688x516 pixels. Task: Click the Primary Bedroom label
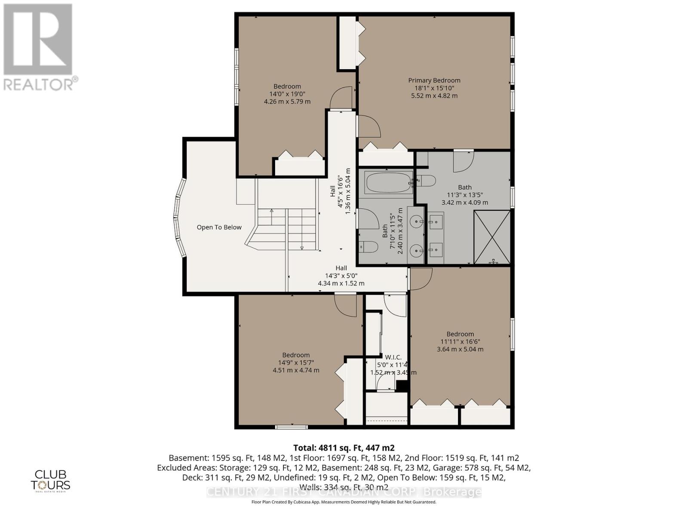434,80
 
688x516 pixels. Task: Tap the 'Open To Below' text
219,227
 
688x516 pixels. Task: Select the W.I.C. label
393,357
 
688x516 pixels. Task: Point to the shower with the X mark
492,237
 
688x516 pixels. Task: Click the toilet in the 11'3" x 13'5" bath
427,181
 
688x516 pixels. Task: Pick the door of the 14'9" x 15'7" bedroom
346,305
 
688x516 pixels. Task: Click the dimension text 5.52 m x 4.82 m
434,95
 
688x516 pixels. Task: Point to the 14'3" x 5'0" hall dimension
341,276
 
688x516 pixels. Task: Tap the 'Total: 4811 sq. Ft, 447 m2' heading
344,448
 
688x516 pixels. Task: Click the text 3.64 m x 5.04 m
460,349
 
